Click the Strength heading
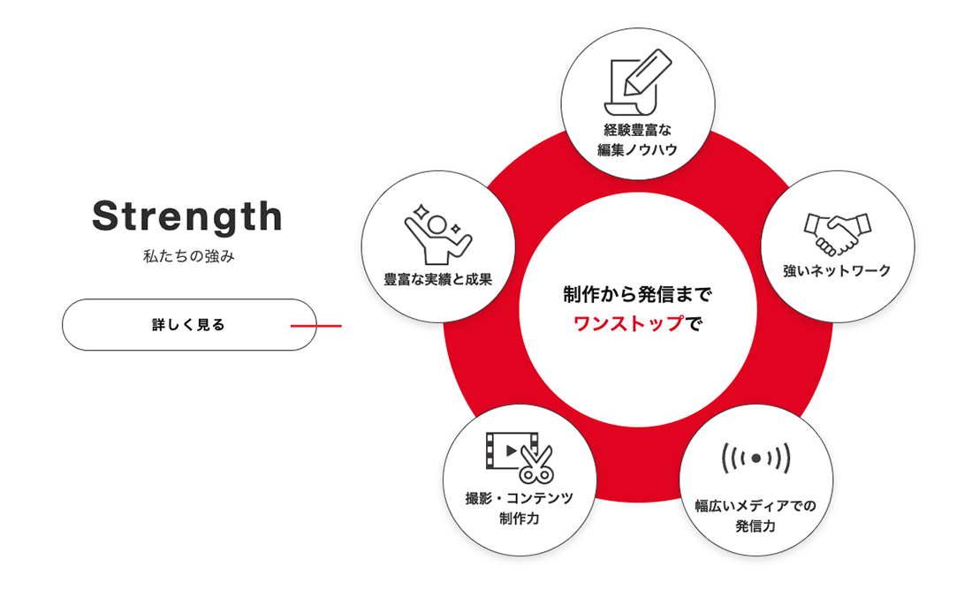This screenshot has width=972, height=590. tap(187, 216)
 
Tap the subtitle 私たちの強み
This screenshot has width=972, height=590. tap(189, 256)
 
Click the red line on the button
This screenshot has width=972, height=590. tap(316, 325)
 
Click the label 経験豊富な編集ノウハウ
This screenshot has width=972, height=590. tap(638, 140)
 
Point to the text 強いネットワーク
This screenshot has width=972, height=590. tap(837, 271)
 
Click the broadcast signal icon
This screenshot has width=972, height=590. tap(756, 458)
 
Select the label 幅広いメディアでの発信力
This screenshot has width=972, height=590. tap(756, 516)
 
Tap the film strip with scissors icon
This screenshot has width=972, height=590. tap(520, 458)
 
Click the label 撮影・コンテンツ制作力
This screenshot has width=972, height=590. tap(520, 508)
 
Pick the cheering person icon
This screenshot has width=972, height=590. tap(438, 234)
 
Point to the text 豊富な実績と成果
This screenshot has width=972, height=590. tap(438, 279)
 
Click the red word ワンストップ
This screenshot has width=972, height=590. tap(628, 323)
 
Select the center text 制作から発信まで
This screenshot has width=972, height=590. tap(638, 294)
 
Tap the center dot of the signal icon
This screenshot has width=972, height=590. tap(756, 458)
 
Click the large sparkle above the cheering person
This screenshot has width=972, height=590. tap(421, 211)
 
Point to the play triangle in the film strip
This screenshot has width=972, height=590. tap(512, 450)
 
